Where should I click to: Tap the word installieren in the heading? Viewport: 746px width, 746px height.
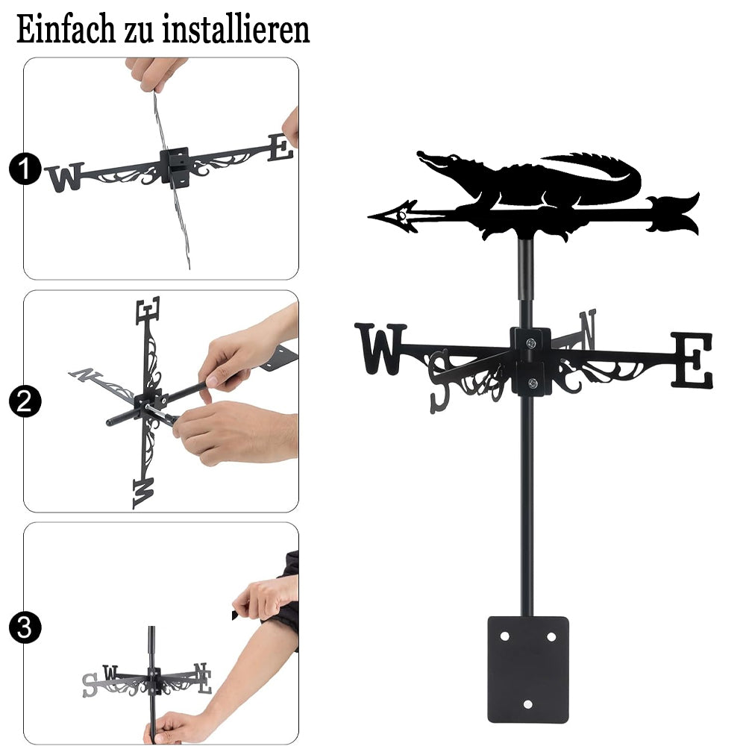(236, 30)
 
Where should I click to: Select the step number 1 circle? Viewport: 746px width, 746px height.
(25, 169)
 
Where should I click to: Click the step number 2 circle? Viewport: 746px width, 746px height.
(25, 401)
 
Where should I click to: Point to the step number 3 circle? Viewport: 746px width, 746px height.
(25, 627)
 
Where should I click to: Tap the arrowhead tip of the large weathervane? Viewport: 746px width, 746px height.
(369, 217)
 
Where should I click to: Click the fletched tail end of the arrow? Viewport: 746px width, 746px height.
(673, 213)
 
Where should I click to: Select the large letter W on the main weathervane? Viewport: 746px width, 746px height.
(380, 348)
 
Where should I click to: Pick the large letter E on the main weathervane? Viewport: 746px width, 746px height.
(692, 360)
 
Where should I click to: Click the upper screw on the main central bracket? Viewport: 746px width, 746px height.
(530, 342)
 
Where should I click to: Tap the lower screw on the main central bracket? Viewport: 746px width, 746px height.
(533, 382)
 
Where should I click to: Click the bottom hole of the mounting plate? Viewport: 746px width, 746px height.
(527, 704)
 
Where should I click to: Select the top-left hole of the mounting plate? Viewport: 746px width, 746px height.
(504, 636)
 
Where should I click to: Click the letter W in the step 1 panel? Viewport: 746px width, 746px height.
(65, 177)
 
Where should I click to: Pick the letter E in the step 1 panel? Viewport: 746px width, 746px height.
(281, 148)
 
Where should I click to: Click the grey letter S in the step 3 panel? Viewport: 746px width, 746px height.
(89, 686)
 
